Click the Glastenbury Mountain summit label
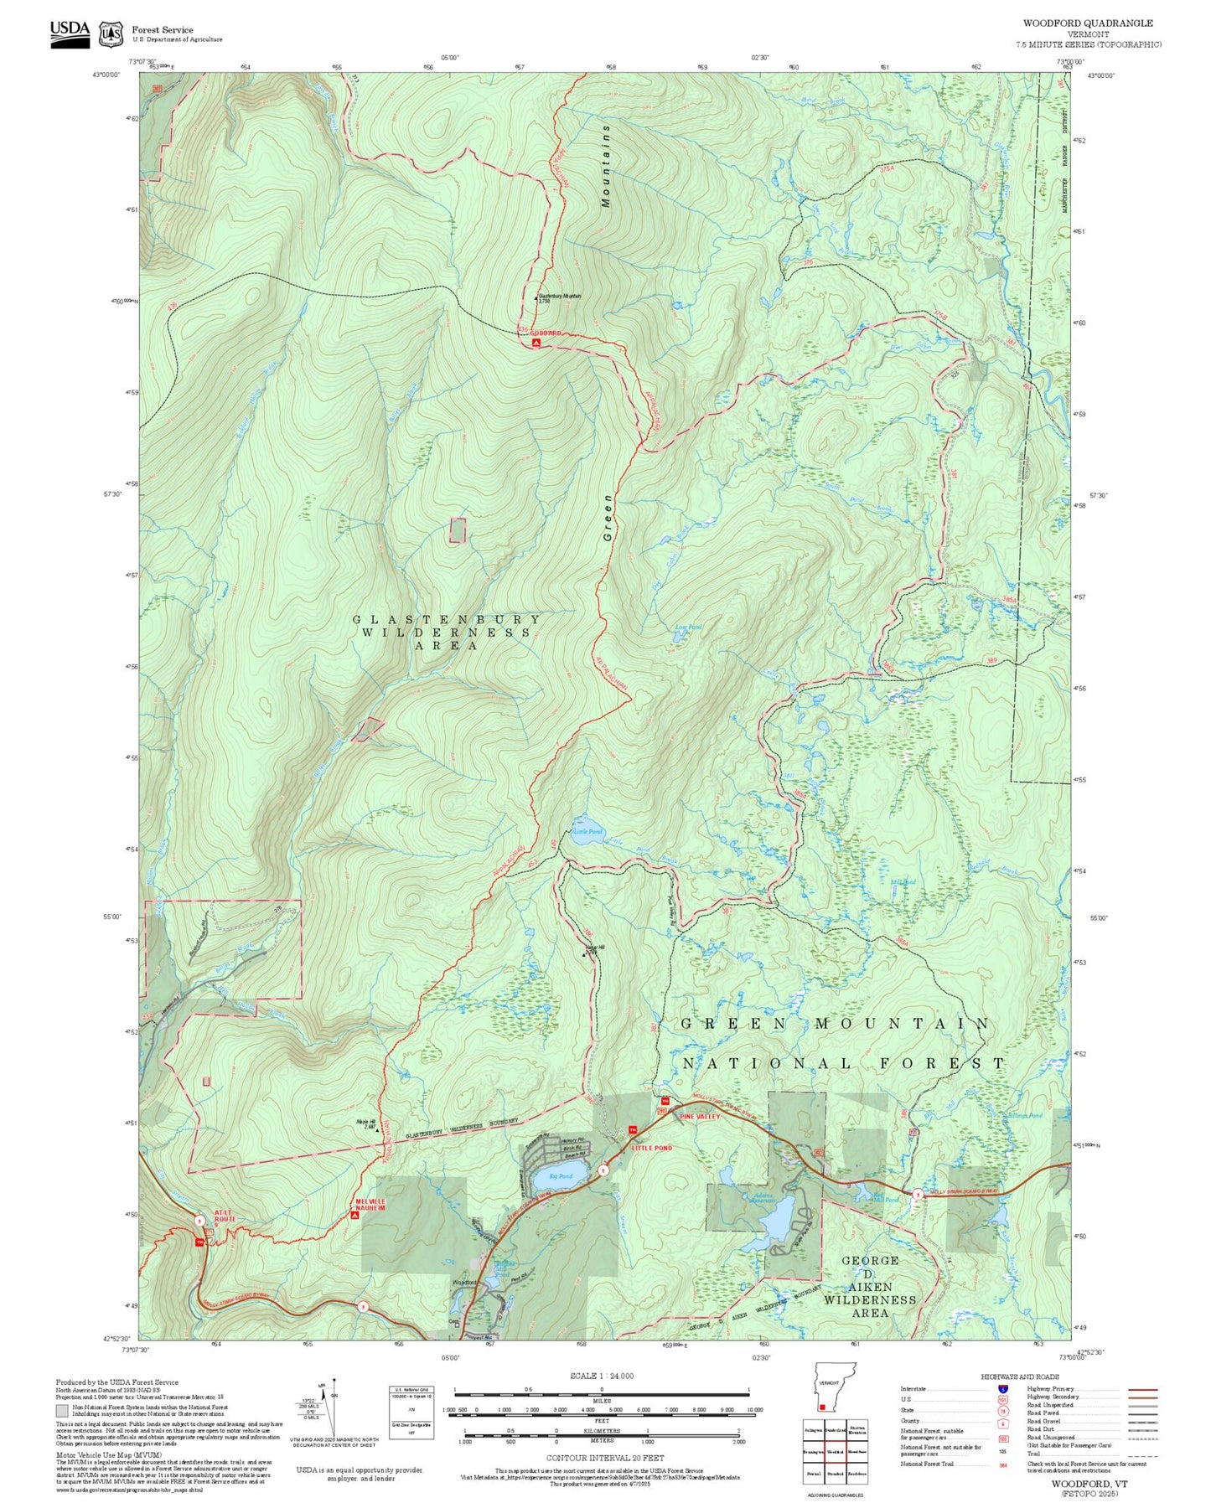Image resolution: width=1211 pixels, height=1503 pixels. pos(559,297)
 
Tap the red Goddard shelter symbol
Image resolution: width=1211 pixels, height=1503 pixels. pos(536,342)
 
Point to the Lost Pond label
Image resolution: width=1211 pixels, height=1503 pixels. pos(688,627)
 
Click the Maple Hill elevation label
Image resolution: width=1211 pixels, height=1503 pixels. pos(367,1123)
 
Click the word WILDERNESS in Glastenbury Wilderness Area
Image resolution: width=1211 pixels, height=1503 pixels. pos(446,633)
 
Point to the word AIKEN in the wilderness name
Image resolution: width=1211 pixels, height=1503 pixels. pos(870,1287)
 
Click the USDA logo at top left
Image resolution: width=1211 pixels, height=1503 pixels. pos(70,32)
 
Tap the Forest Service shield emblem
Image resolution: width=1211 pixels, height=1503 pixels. pos(111,34)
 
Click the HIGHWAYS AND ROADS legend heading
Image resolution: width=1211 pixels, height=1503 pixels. pos(1019,1376)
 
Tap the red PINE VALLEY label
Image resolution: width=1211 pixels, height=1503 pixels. pos(700,1117)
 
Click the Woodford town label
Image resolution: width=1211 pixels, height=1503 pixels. pos(463,1283)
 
